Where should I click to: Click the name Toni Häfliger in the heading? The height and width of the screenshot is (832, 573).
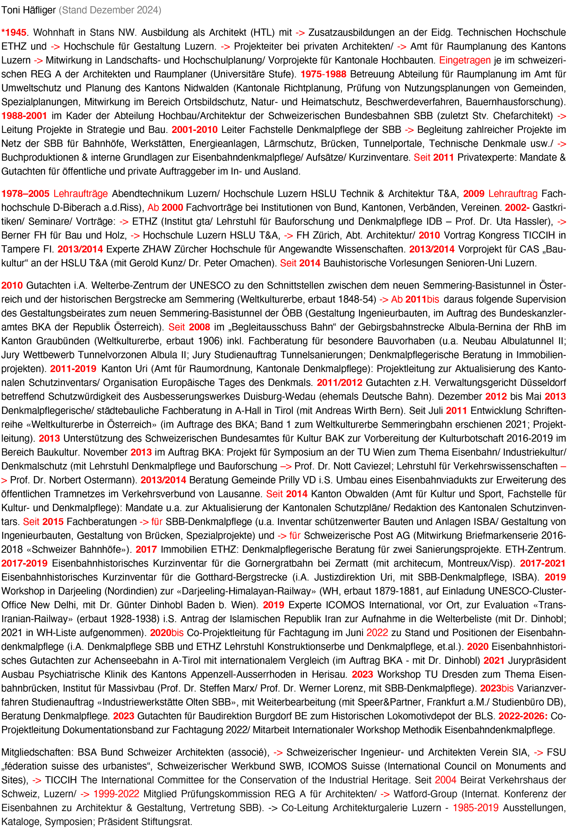tap(29, 10)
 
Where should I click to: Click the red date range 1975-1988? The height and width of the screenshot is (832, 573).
tap(323, 74)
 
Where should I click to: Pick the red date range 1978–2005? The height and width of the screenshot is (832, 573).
tap(25, 194)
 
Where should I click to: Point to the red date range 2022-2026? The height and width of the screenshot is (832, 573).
tap(523, 716)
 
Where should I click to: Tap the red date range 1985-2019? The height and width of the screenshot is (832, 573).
tap(475, 808)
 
